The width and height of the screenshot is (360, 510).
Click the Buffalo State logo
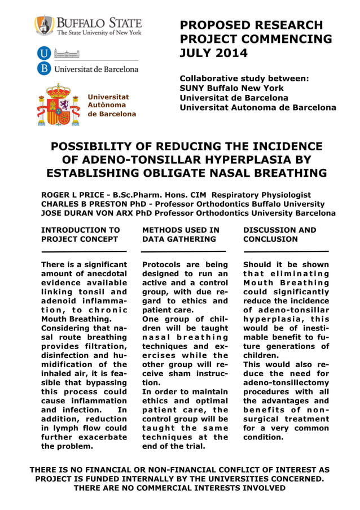pos(88,26)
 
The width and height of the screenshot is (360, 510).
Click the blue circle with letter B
pos(43,69)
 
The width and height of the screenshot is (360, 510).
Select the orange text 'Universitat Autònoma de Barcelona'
pos(112,106)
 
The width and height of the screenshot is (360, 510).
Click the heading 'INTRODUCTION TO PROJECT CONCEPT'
pos(81,234)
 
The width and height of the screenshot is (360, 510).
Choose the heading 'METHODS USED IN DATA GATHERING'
pos(181,234)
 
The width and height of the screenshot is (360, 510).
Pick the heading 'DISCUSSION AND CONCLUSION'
pos(280,234)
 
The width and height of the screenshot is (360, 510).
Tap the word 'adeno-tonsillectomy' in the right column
pos(286,382)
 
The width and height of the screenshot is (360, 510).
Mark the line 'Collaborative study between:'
pos(244,79)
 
